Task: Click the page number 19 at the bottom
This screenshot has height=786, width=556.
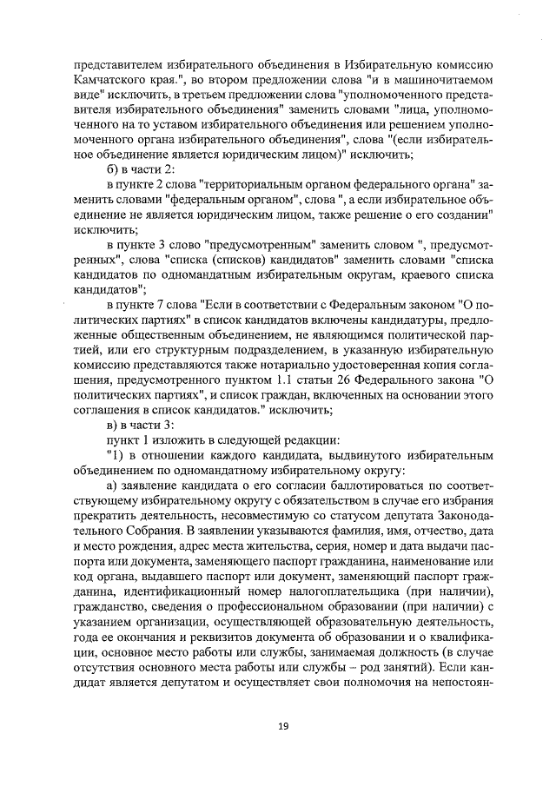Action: coord(282,726)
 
